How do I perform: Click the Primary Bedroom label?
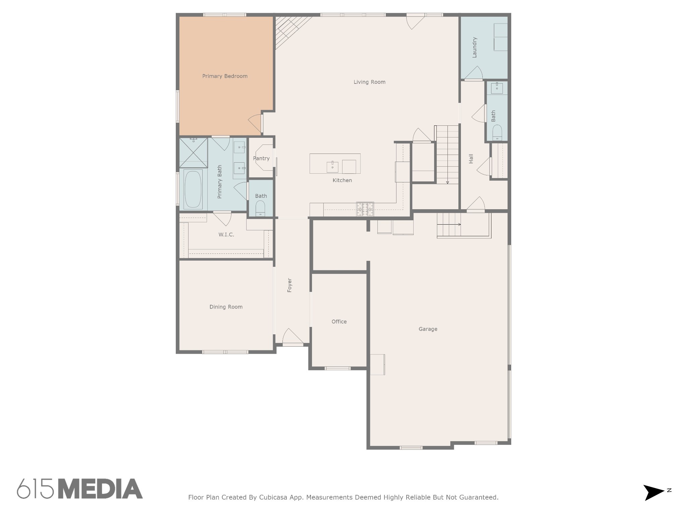(x=225, y=76)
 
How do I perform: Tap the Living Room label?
(x=369, y=82)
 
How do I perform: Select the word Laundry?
(x=474, y=47)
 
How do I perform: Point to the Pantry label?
(x=261, y=158)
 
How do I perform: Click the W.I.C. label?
(x=226, y=234)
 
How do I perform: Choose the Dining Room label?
(x=226, y=307)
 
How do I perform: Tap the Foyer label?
(x=289, y=285)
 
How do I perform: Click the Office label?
(x=339, y=322)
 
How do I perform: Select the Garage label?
(x=428, y=329)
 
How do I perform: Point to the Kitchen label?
(x=342, y=180)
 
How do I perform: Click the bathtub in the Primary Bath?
(x=193, y=189)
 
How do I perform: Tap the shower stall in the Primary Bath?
(x=193, y=153)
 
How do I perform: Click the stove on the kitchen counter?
(x=365, y=209)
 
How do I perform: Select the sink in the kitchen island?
(x=332, y=167)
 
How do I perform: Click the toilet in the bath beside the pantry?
(x=260, y=209)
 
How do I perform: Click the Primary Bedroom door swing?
(x=255, y=123)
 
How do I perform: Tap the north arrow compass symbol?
(x=654, y=493)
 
